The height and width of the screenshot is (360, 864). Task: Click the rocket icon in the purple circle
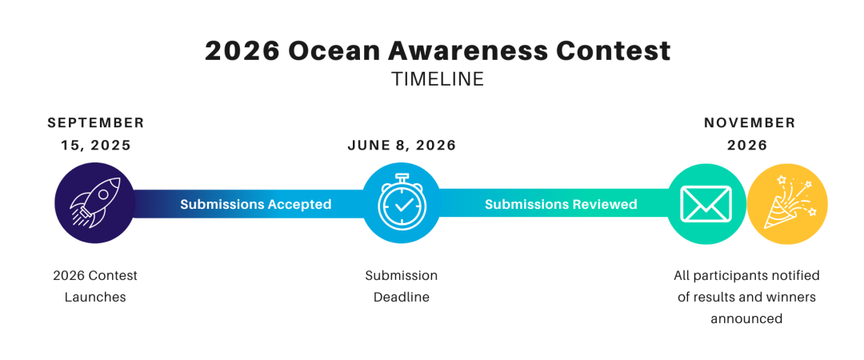[94, 202]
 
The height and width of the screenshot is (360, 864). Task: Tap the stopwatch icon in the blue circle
[402, 201]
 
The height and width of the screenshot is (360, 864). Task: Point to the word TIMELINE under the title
[438, 79]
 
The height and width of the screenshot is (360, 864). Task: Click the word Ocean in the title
[335, 50]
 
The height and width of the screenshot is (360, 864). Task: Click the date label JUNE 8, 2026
[402, 146]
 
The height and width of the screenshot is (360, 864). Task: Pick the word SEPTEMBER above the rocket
[96, 122]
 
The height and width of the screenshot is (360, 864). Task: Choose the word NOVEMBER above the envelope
[750, 122]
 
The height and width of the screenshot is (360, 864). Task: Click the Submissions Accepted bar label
[256, 205]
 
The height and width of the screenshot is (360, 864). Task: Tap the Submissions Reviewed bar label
[561, 205]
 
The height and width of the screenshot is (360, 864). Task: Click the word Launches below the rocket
[95, 297]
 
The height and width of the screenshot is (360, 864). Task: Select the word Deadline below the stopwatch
[402, 297]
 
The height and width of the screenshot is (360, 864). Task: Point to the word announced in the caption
[746, 318]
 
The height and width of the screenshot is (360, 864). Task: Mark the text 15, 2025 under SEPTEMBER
[96, 146]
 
